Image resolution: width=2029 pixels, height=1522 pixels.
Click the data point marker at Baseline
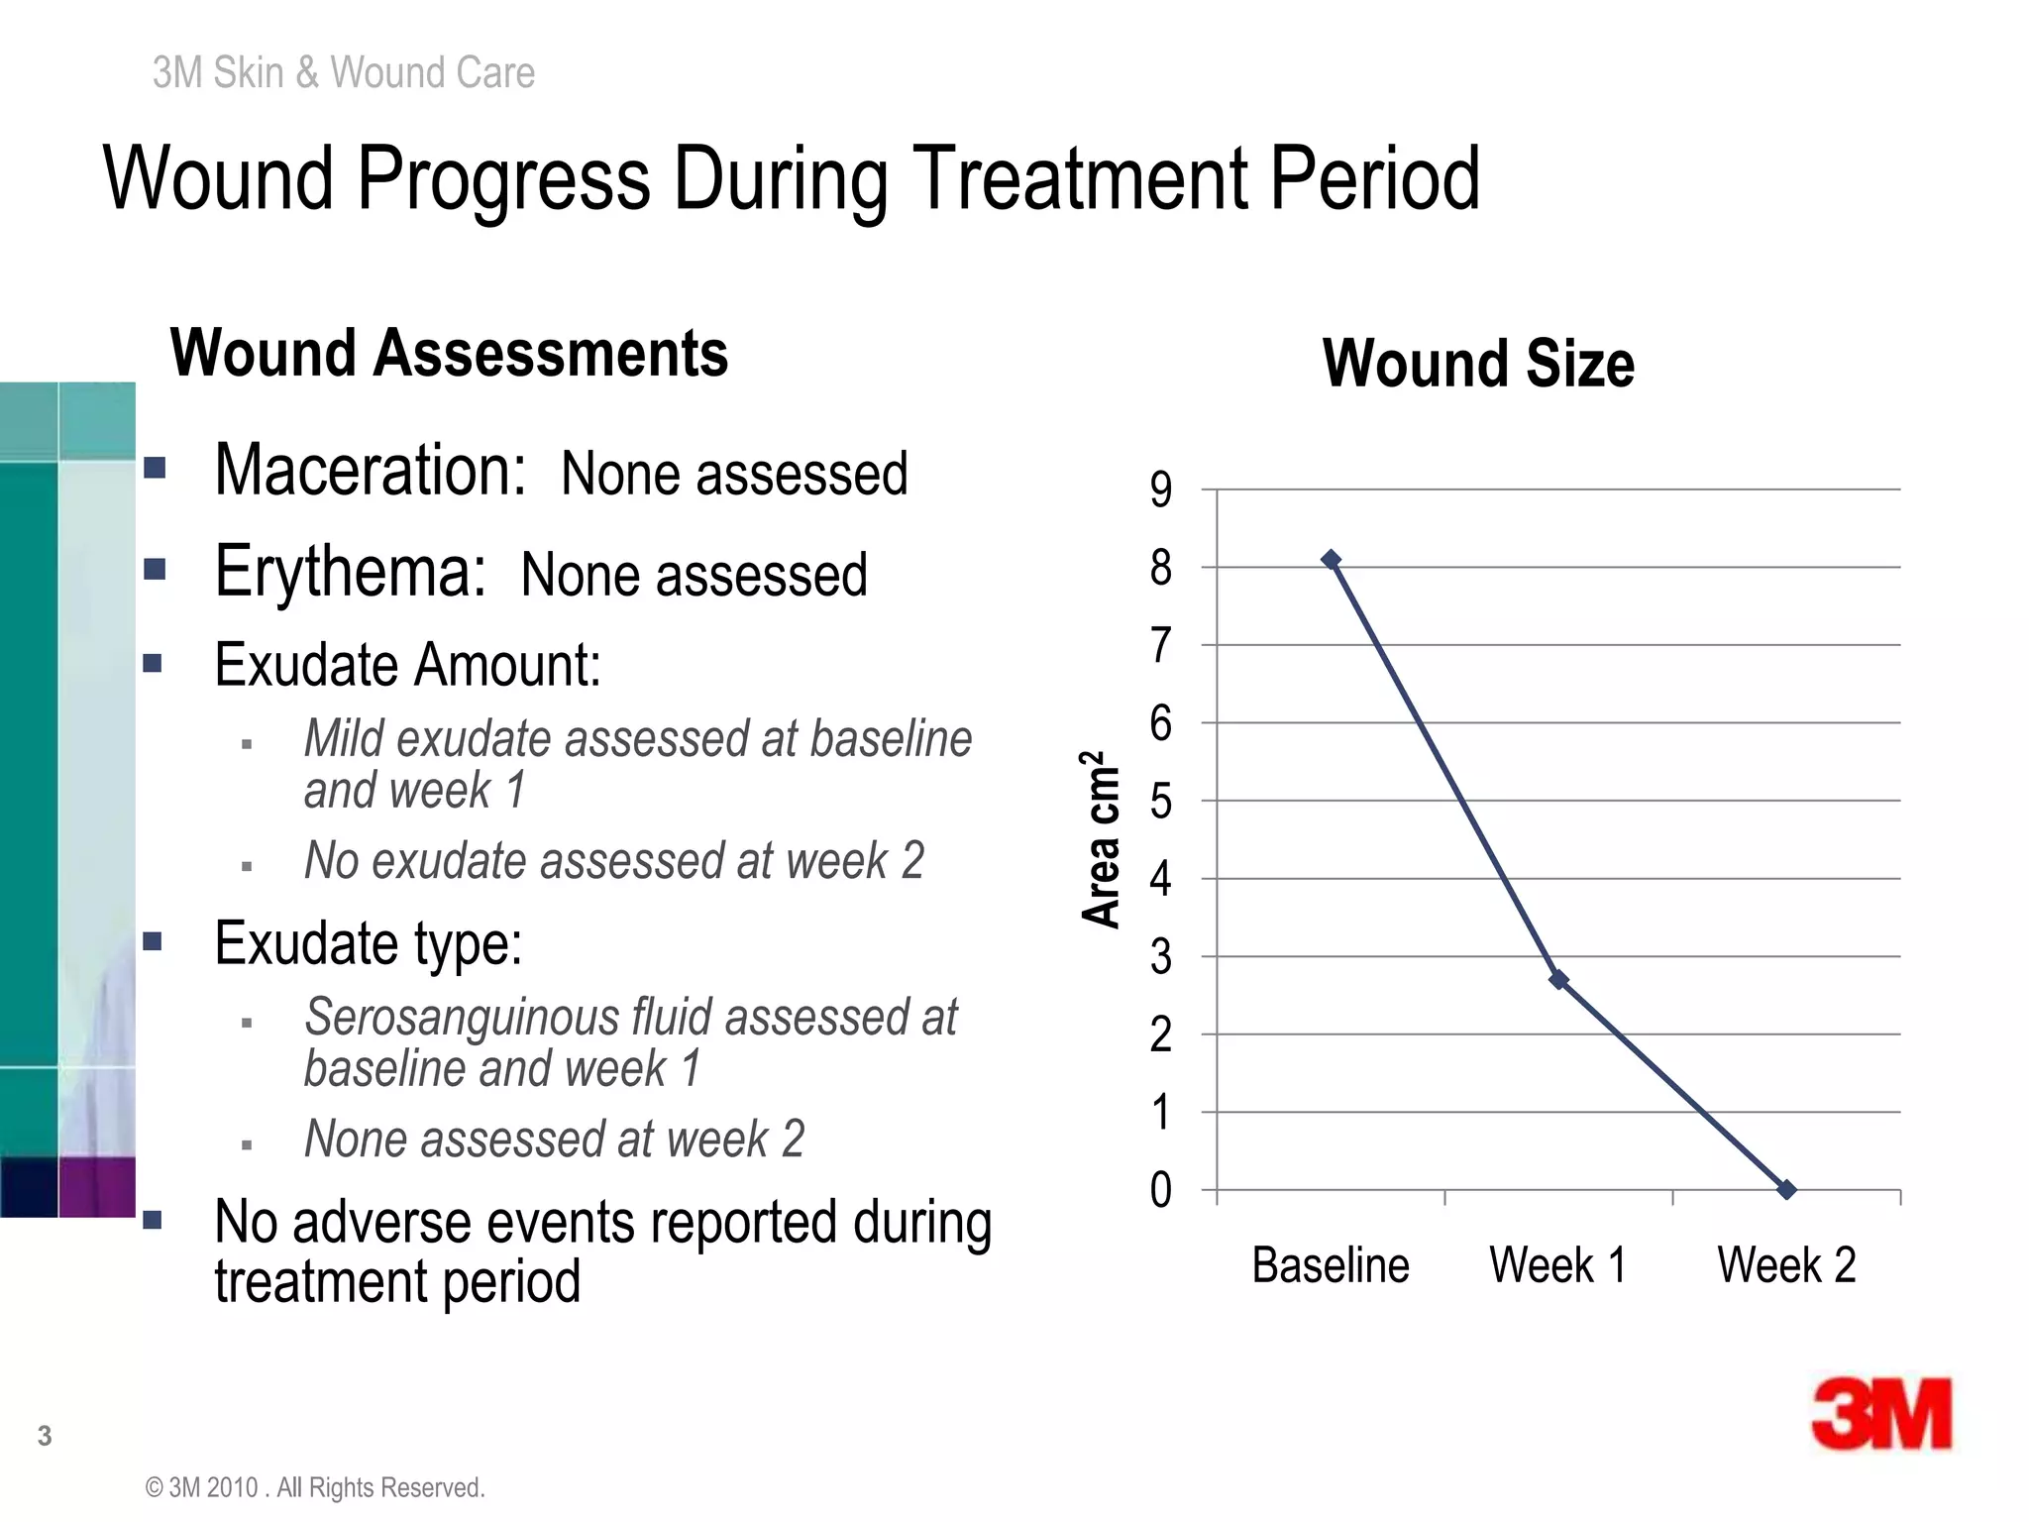point(1332,560)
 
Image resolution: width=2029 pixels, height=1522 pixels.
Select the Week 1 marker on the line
point(1558,980)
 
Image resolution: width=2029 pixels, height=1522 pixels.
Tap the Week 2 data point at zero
point(1786,1190)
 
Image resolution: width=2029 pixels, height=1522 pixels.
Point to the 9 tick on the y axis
point(1161,489)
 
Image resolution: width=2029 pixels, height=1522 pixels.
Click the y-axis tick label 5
point(1161,801)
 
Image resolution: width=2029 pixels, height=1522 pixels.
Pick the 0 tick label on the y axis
point(1161,1190)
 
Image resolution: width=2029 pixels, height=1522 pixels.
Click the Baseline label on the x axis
point(1331,1265)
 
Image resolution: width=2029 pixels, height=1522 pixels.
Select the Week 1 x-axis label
point(1558,1265)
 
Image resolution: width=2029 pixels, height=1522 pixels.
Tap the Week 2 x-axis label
point(1786,1265)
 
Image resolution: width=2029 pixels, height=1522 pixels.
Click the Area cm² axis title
point(1100,838)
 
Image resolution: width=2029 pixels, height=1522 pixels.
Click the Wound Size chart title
point(1478,364)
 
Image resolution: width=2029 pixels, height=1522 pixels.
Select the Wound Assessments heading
point(449,354)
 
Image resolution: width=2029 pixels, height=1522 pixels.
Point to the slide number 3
point(45,1436)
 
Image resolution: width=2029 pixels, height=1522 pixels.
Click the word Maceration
point(371,470)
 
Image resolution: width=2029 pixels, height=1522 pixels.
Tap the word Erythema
point(351,572)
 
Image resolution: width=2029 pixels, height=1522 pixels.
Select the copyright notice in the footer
point(315,1488)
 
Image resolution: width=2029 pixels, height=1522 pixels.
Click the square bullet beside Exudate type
point(153,941)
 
